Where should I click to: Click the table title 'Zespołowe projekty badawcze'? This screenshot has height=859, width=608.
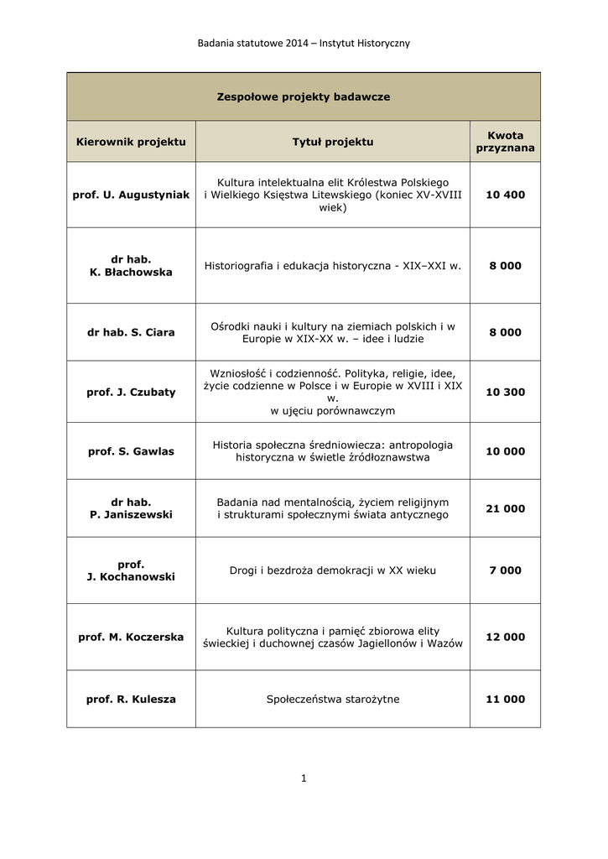point(304,97)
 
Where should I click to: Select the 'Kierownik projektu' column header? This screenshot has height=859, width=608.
point(131,142)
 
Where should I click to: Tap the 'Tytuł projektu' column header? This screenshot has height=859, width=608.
point(332,142)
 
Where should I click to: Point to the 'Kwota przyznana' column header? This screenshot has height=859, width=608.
point(505,142)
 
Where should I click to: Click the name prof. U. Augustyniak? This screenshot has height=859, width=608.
point(131,195)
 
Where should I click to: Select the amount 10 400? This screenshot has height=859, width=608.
point(505,195)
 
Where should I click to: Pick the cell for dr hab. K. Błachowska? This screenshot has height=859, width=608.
point(131,266)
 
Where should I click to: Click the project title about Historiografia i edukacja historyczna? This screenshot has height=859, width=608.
point(332,266)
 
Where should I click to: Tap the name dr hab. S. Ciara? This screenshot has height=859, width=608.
point(131,332)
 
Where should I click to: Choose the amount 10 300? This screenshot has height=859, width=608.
point(505,392)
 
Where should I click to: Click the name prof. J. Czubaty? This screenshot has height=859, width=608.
point(131,392)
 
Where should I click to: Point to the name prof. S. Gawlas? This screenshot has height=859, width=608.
point(131,451)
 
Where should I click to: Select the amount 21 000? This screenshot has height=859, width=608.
point(505,508)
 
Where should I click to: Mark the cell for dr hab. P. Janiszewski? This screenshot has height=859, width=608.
point(131,508)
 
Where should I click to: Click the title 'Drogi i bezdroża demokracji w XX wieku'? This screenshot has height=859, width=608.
point(332,570)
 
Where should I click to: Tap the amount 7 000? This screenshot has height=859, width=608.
point(505,570)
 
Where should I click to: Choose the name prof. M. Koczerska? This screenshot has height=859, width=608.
point(131,637)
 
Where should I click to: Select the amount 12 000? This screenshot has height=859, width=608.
point(505,637)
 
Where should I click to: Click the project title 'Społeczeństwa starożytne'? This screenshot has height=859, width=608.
point(332,699)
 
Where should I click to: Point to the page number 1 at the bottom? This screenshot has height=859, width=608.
point(304,778)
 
